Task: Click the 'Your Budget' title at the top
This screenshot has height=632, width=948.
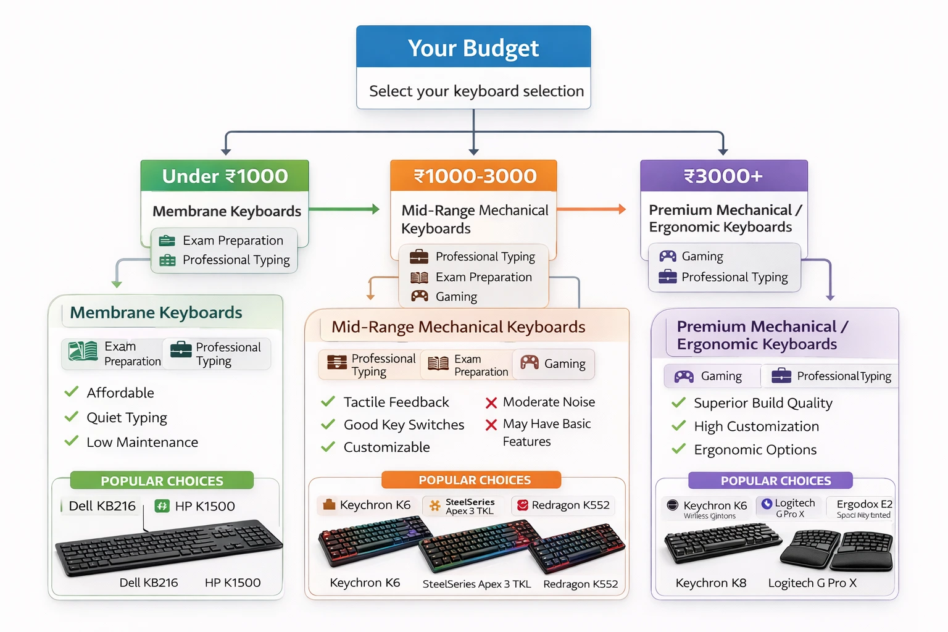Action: click(473, 48)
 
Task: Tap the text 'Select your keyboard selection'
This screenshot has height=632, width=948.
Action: click(476, 91)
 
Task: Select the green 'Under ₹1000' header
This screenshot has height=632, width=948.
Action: click(225, 176)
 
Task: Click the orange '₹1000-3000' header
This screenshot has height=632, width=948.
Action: click(474, 176)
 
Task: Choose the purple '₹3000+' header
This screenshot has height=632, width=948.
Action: click(723, 176)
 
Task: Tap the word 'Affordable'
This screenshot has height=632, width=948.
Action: click(120, 393)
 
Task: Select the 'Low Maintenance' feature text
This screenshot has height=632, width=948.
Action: click(142, 442)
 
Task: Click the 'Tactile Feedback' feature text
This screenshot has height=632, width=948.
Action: click(396, 402)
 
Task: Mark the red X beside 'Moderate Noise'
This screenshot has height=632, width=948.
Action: click(491, 403)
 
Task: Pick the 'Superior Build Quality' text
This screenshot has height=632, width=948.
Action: click(763, 403)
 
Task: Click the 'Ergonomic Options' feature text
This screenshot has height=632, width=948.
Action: click(755, 450)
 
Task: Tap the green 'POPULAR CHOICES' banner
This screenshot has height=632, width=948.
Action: click(162, 481)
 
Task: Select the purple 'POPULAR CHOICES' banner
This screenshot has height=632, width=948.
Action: click(775, 481)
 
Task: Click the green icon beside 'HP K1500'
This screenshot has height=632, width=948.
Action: click(162, 506)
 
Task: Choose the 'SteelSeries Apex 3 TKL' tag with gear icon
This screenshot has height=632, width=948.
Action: click(464, 506)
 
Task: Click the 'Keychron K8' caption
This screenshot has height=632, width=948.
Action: click(710, 583)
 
